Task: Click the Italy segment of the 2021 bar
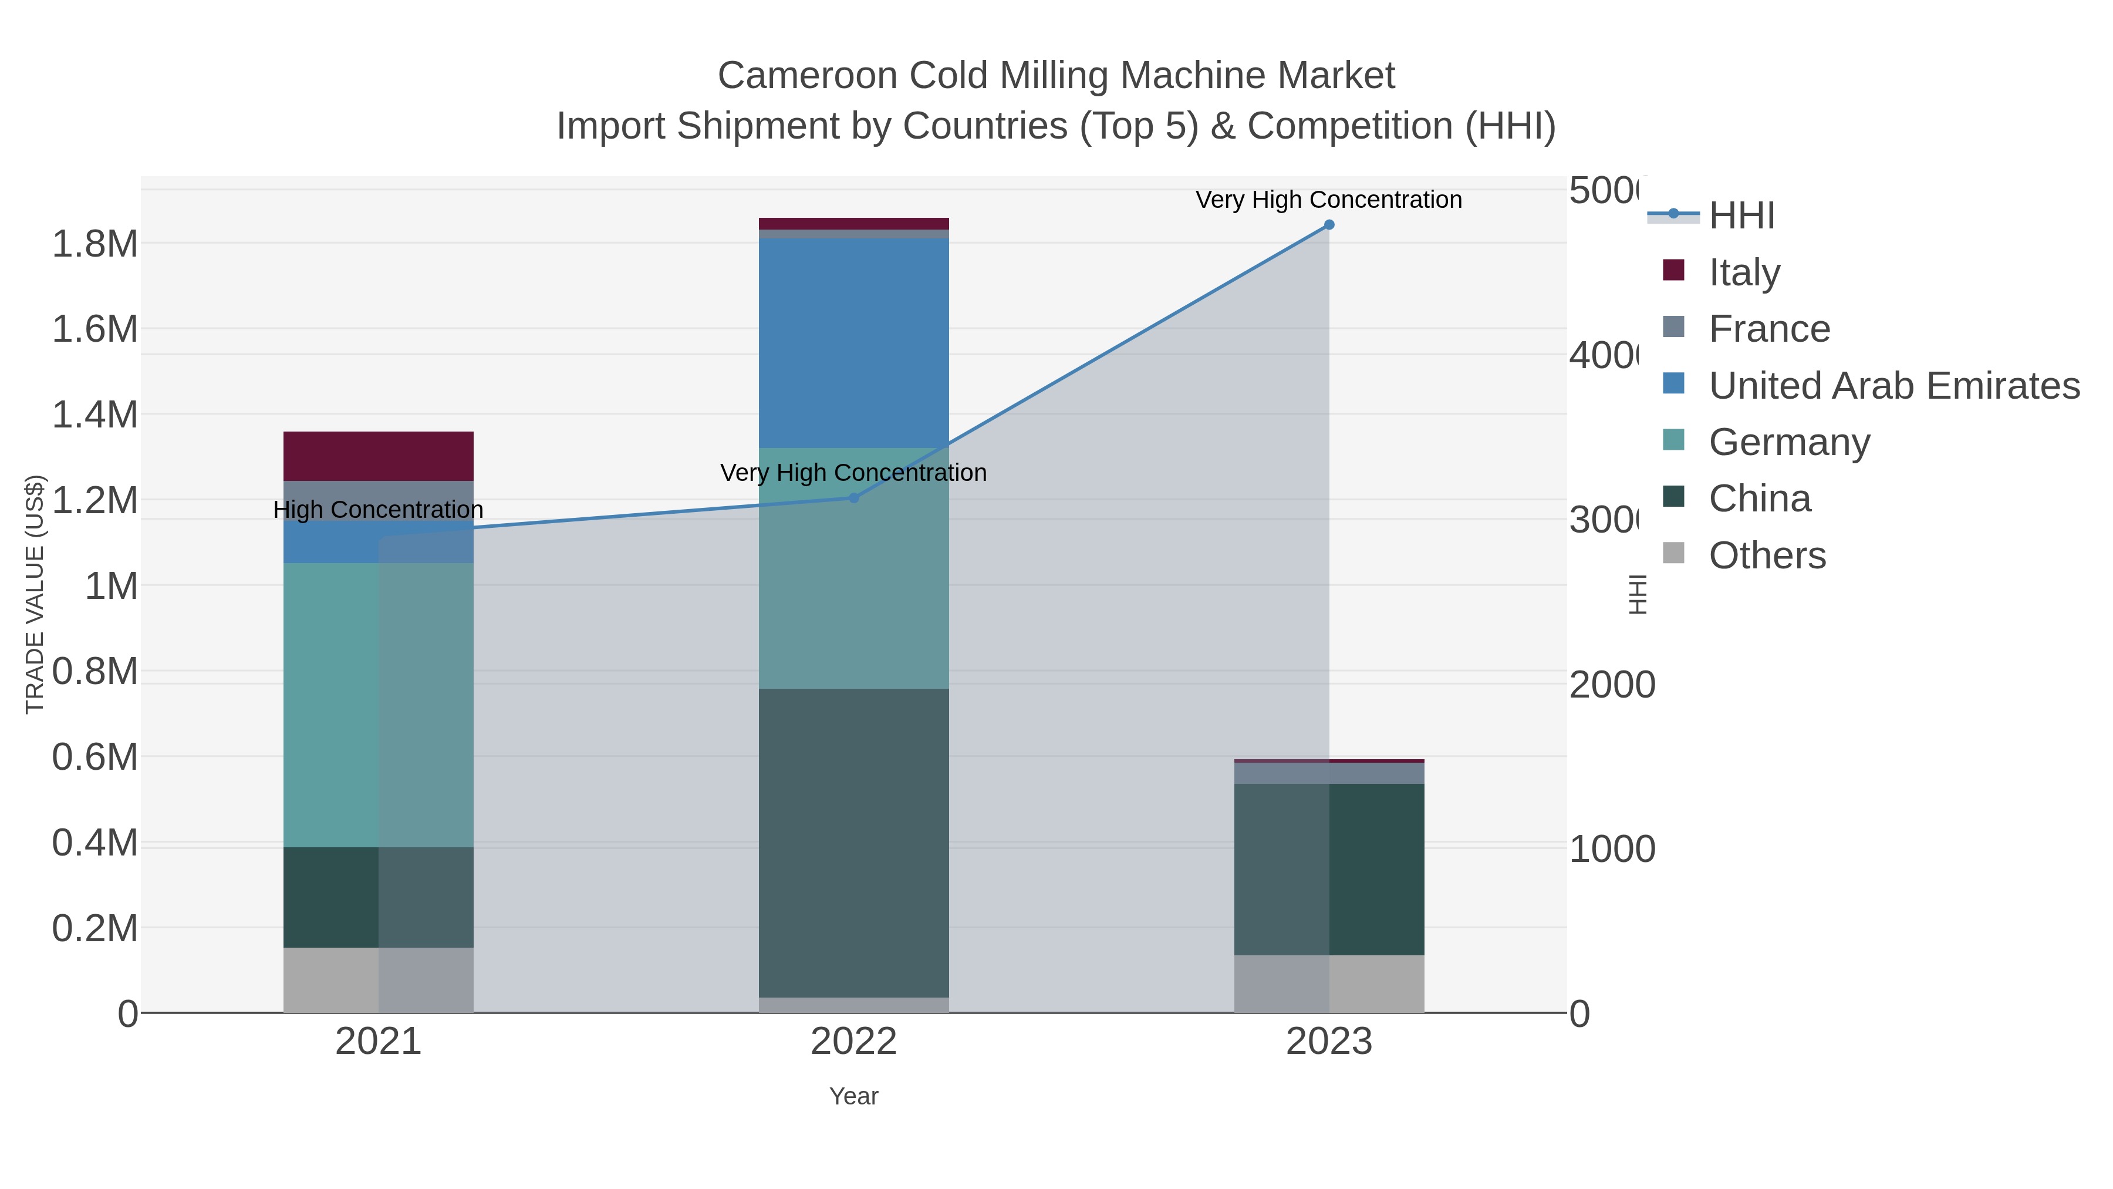coord(378,456)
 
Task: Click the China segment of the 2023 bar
coord(1329,869)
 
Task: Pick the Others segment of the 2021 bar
coord(378,980)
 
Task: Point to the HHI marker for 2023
coord(1329,225)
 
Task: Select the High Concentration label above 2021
coord(378,510)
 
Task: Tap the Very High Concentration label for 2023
coord(1328,200)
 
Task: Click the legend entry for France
coord(1768,329)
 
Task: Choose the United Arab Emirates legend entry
coord(1893,386)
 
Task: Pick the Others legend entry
coord(1767,555)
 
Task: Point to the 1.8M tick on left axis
coord(95,244)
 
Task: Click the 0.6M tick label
coord(95,757)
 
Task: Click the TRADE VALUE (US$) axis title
coord(35,594)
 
